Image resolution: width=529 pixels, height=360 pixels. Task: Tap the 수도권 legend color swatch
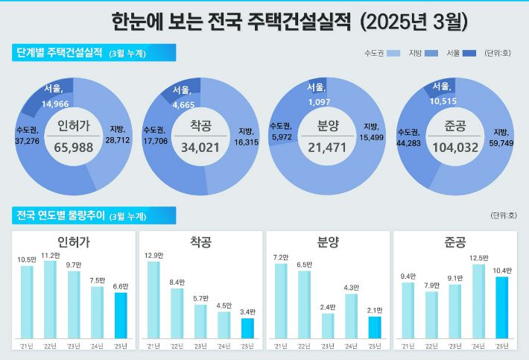[x=394, y=54]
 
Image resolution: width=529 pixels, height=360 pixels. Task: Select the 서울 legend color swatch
[x=469, y=54]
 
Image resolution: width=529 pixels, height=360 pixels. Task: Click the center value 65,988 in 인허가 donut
[x=73, y=148]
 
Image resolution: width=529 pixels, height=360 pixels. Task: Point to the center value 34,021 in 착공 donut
[x=200, y=148]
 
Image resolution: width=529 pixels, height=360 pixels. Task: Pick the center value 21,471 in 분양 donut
[x=328, y=148]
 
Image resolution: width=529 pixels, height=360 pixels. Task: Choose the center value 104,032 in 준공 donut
[x=454, y=148]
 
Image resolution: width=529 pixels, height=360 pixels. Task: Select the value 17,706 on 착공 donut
[x=158, y=140]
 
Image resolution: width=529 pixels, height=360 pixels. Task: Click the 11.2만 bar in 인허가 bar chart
[x=51, y=299]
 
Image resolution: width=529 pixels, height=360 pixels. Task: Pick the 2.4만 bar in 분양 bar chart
[x=328, y=325]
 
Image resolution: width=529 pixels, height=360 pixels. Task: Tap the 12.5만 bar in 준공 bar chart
[x=478, y=300]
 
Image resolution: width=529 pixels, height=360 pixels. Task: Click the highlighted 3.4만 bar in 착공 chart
[x=247, y=328]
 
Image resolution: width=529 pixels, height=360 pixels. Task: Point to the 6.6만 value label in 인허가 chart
[x=120, y=286]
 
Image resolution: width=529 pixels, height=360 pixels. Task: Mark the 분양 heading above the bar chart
[x=328, y=242]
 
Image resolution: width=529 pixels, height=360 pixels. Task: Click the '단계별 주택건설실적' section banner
[x=93, y=52]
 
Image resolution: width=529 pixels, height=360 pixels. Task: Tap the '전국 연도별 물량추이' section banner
[x=93, y=215]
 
